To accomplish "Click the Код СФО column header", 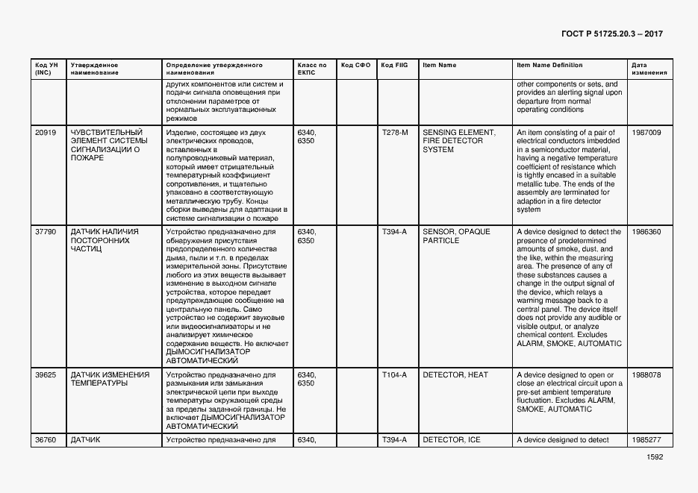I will click(x=355, y=65).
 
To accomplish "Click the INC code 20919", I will click(x=46, y=132).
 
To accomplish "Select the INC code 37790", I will click(x=46, y=232).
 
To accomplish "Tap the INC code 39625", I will click(x=46, y=375).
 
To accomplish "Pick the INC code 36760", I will click(x=46, y=440).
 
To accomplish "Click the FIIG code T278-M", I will click(x=395, y=132).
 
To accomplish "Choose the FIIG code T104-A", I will click(x=394, y=375).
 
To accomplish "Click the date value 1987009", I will click(x=646, y=132).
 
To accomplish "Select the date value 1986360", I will click(x=646, y=232).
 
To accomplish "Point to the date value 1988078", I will click(x=646, y=375).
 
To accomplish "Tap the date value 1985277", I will click(x=646, y=440).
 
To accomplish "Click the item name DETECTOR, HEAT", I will click(x=455, y=375).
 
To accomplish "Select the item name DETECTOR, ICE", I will click(x=451, y=440).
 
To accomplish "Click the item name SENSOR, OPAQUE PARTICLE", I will click(x=456, y=236).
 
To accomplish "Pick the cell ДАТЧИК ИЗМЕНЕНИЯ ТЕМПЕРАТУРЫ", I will click(x=110, y=379).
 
